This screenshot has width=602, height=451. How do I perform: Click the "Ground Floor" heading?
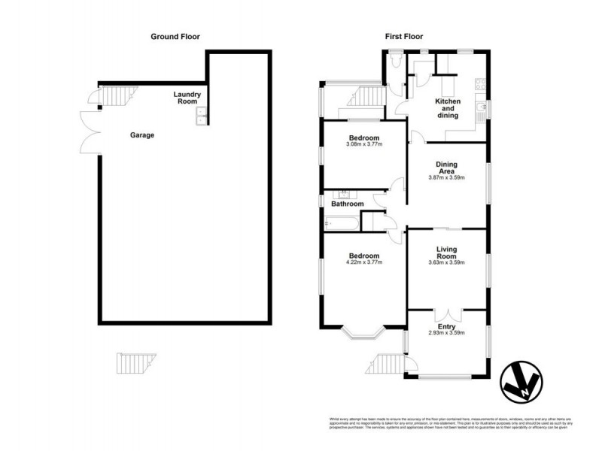[x=175, y=36]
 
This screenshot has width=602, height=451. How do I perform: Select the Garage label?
[x=141, y=135]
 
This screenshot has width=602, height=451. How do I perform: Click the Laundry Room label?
[x=187, y=97]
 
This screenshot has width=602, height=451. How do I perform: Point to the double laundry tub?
[x=202, y=115]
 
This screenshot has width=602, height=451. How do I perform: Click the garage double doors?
[x=90, y=134]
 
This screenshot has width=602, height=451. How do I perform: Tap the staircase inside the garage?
[x=115, y=95]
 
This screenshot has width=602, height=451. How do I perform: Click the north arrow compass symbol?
[x=521, y=383]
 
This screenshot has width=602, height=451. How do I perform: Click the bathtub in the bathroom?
[x=340, y=223]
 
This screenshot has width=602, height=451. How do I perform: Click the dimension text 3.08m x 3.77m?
[x=364, y=144]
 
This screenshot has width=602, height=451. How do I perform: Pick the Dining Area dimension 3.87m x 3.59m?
[x=447, y=178]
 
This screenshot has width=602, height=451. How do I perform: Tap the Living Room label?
[x=447, y=253]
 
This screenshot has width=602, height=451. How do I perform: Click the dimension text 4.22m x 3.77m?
[x=364, y=262]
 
